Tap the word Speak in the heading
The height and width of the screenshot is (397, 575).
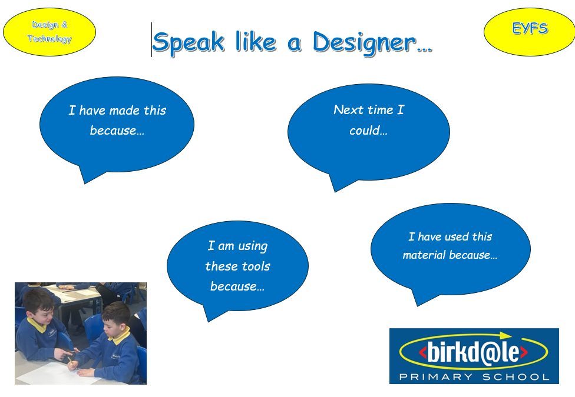pyautogui.click(x=188, y=42)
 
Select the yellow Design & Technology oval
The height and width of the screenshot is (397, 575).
pyautogui.click(x=49, y=32)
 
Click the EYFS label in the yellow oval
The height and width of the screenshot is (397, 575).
pyautogui.click(x=530, y=28)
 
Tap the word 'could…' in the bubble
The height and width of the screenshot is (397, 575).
pyautogui.click(x=368, y=130)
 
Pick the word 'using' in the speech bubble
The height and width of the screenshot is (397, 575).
pyautogui.click(x=253, y=246)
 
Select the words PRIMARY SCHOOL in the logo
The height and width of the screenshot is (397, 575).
pyautogui.click(x=474, y=377)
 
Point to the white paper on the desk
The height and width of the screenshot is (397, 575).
pyautogui.click(x=55, y=373)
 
